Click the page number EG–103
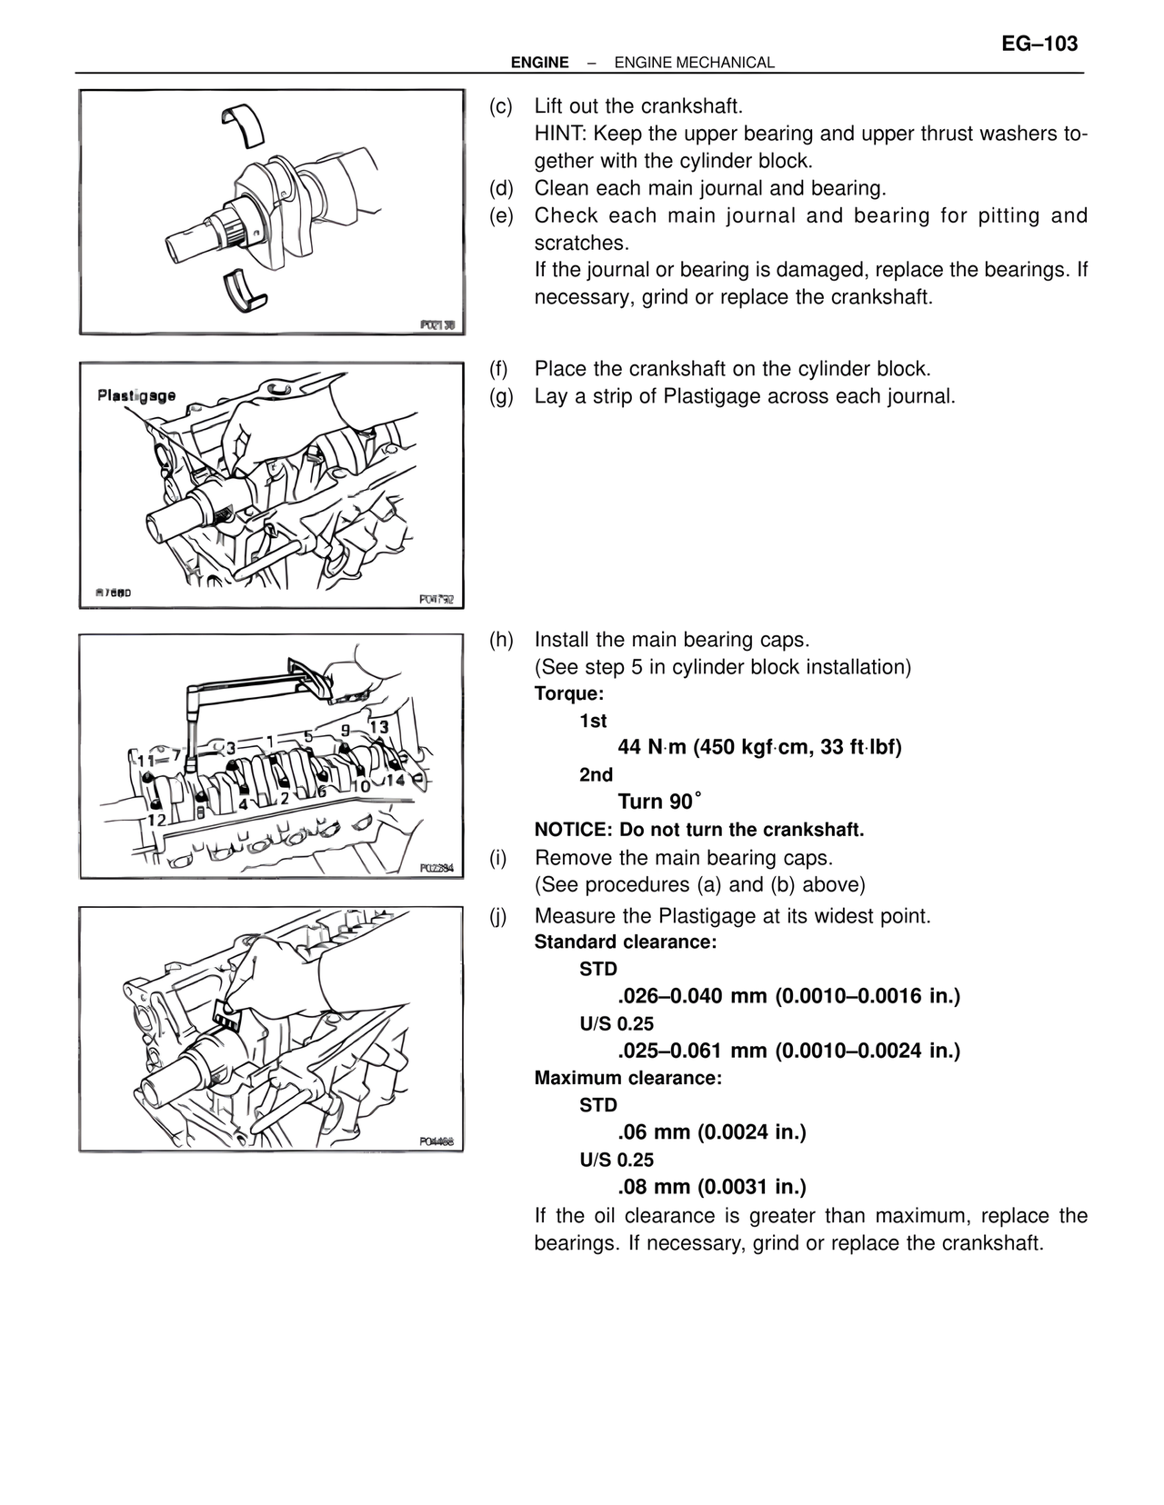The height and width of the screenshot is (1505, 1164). [1039, 44]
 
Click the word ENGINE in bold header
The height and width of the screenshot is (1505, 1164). [539, 63]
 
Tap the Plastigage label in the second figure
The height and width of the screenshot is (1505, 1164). [136, 396]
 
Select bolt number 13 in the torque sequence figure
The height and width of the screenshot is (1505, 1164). [378, 727]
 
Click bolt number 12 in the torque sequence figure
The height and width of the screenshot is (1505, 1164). [156, 820]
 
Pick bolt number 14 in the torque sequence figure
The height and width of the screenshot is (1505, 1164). [395, 780]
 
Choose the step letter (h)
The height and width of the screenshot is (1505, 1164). [501, 640]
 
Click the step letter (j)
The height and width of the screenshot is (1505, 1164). [498, 916]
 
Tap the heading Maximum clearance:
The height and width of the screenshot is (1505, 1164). [627, 1079]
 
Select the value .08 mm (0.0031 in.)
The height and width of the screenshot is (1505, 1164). [712, 1187]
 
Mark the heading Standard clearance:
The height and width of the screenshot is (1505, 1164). [626, 942]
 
